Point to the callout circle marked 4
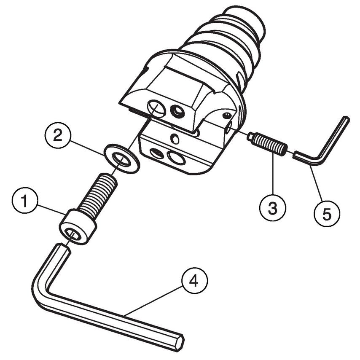[194, 281]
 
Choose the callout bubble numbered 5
[327, 213]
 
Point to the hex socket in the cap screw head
[72, 235]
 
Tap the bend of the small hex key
[319, 160]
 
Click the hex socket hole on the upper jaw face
[177, 111]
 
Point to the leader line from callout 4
[153, 301]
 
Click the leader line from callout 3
[273, 175]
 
